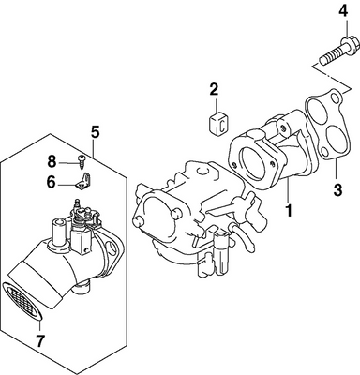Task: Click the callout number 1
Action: click(291, 212)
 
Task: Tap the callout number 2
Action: click(215, 90)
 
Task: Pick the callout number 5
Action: click(95, 130)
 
